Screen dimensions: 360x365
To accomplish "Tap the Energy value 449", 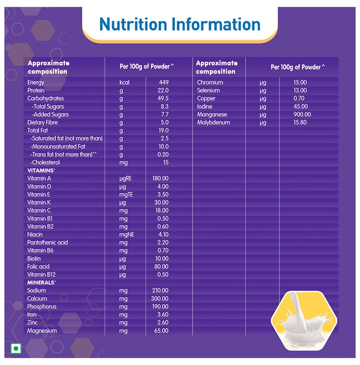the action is click(x=164, y=82).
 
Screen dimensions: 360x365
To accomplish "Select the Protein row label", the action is click(x=36, y=90).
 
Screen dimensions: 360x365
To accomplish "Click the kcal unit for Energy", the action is click(x=124, y=82).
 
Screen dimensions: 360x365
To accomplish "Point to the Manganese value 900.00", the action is click(x=302, y=114).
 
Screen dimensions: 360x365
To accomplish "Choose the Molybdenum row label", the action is click(x=213, y=123).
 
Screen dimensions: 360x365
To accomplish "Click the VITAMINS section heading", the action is click(x=41, y=171).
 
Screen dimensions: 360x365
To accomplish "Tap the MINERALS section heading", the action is click(x=41, y=283).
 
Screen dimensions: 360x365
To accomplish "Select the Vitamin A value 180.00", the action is click(x=160, y=178).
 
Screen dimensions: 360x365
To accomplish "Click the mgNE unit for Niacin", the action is click(x=127, y=235).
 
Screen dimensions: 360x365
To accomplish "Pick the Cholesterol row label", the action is click(x=45, y=163).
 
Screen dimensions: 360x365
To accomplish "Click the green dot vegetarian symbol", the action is click(x=16, y=348).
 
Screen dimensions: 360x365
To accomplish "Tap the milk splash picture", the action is click(x=304, y=321).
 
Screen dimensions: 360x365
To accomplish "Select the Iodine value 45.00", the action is click(x=301, y=106).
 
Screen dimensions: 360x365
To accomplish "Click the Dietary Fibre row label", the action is click(x=42, y=123).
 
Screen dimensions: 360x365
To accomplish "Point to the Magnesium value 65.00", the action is click(x=161, y=331).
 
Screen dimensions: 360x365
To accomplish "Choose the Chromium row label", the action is click(x=210, y=82).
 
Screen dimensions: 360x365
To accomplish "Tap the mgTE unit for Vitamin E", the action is click(x=126, y=194).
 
